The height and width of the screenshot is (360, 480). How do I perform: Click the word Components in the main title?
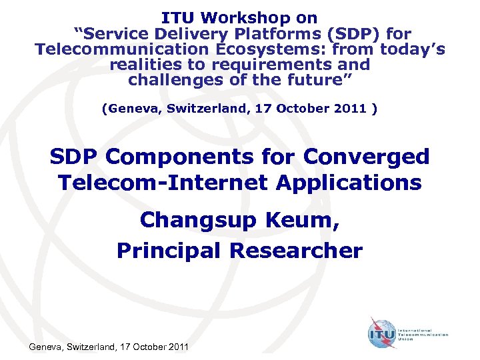(202, 157)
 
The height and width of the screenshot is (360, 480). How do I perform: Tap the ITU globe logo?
(381, 331)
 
